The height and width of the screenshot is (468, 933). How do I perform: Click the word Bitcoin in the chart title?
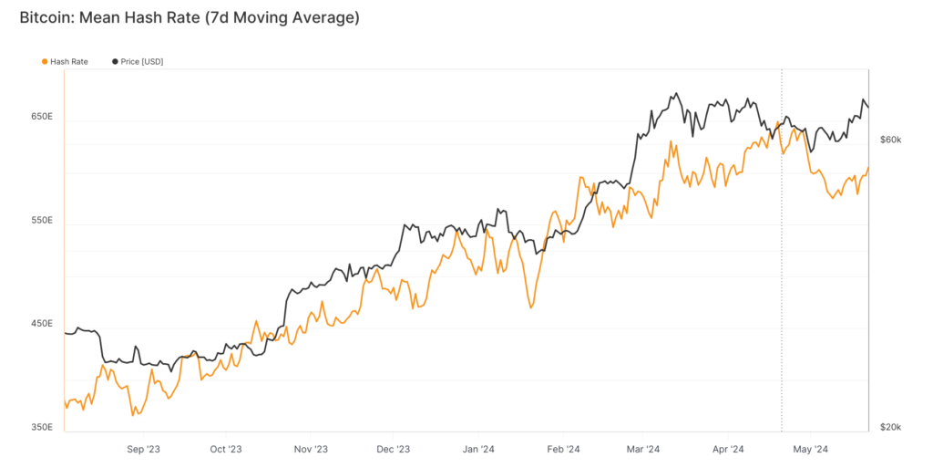click(45, 17)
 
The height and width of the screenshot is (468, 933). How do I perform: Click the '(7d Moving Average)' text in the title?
click(282, 17)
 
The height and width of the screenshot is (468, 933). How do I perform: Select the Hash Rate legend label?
click(69, 61)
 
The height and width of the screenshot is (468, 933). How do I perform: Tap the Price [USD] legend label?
click(142, 61)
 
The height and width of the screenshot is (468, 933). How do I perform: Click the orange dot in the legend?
click(45, 61)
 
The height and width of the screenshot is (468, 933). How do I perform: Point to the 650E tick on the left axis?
click(43, 118)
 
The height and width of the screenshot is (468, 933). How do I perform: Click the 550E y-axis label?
click(43, 221)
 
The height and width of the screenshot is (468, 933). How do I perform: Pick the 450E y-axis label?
click(43, 324)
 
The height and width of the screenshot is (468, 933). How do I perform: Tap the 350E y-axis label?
click(43, 427)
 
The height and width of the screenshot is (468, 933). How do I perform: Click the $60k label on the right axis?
click(890, 140)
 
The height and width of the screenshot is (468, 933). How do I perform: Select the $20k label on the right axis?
click(890, 427)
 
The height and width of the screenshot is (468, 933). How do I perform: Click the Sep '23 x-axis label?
click(143, 449)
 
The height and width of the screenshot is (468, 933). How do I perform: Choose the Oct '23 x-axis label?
click(225, 449)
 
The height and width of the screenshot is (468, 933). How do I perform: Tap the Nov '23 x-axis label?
click(310, 449)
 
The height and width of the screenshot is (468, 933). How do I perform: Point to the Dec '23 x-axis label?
click(393, 449)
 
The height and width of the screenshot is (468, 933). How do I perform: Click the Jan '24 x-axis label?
click(478, 449)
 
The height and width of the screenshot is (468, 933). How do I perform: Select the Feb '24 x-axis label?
click(563, 449)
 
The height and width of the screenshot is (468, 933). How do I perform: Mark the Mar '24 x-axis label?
click(643, 449)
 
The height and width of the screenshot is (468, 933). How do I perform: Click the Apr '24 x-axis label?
click(728, 449)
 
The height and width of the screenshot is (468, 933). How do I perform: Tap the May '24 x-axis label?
click(810, 449)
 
